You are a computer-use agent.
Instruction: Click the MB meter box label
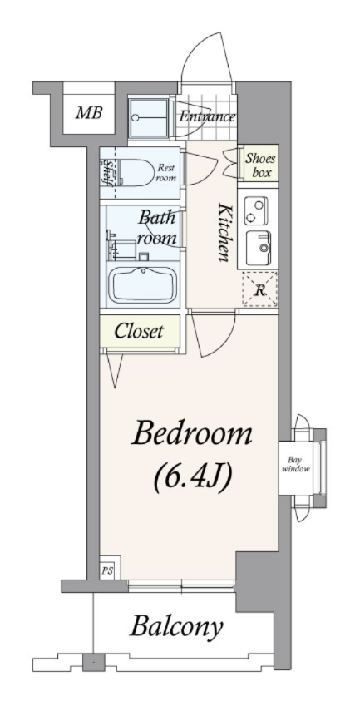(89, 112)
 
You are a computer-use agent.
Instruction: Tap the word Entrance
(207, 117)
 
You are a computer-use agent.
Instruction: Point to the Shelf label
(108, 171)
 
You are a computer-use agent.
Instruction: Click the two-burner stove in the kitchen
(256, 211)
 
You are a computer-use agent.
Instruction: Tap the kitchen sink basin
(259, 248)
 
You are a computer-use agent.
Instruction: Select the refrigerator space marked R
(260, 289)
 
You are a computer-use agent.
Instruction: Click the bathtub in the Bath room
(143, 284)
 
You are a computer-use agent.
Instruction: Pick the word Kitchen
(224, 233)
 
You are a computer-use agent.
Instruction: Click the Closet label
(139, 332)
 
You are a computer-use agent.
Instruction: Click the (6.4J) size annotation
(193, 477)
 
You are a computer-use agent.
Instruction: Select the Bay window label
(295, 465)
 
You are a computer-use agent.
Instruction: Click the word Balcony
(177, 626)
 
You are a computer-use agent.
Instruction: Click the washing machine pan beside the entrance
(150, 117)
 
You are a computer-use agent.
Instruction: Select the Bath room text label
(156, 228)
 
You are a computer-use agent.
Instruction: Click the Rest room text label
(166, 173)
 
